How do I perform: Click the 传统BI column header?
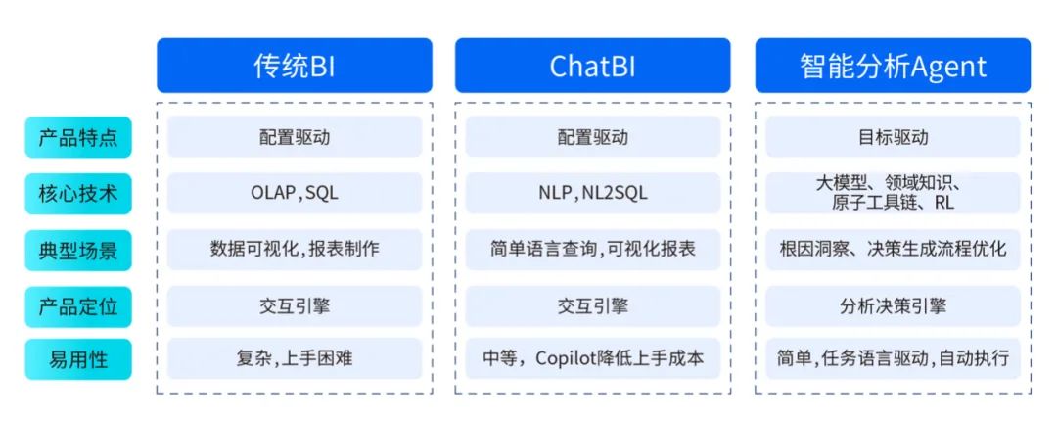[295, 66]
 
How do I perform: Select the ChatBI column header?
[592, 66]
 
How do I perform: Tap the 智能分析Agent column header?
[893, 66]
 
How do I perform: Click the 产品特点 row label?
[78, 138]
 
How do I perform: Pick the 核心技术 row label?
[78, 194]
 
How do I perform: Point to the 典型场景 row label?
[78, 251]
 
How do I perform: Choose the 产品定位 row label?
[78, 306]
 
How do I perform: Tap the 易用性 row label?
[78, 359]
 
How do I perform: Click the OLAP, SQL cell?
[295, 193]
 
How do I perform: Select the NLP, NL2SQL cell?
[592, 193]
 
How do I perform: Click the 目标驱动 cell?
[893, 137]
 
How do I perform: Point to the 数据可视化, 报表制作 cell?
[295, 250]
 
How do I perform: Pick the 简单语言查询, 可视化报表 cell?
[592, 250]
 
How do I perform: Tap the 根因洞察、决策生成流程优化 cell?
[893, 250]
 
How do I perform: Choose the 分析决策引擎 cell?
[893, 306]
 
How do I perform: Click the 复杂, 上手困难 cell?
[295, 358]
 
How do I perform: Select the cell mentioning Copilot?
[592, 358]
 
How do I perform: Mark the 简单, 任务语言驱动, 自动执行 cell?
[893, 358]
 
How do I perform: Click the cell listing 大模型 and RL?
[893, 193]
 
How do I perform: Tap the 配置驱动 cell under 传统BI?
[295, 137]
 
